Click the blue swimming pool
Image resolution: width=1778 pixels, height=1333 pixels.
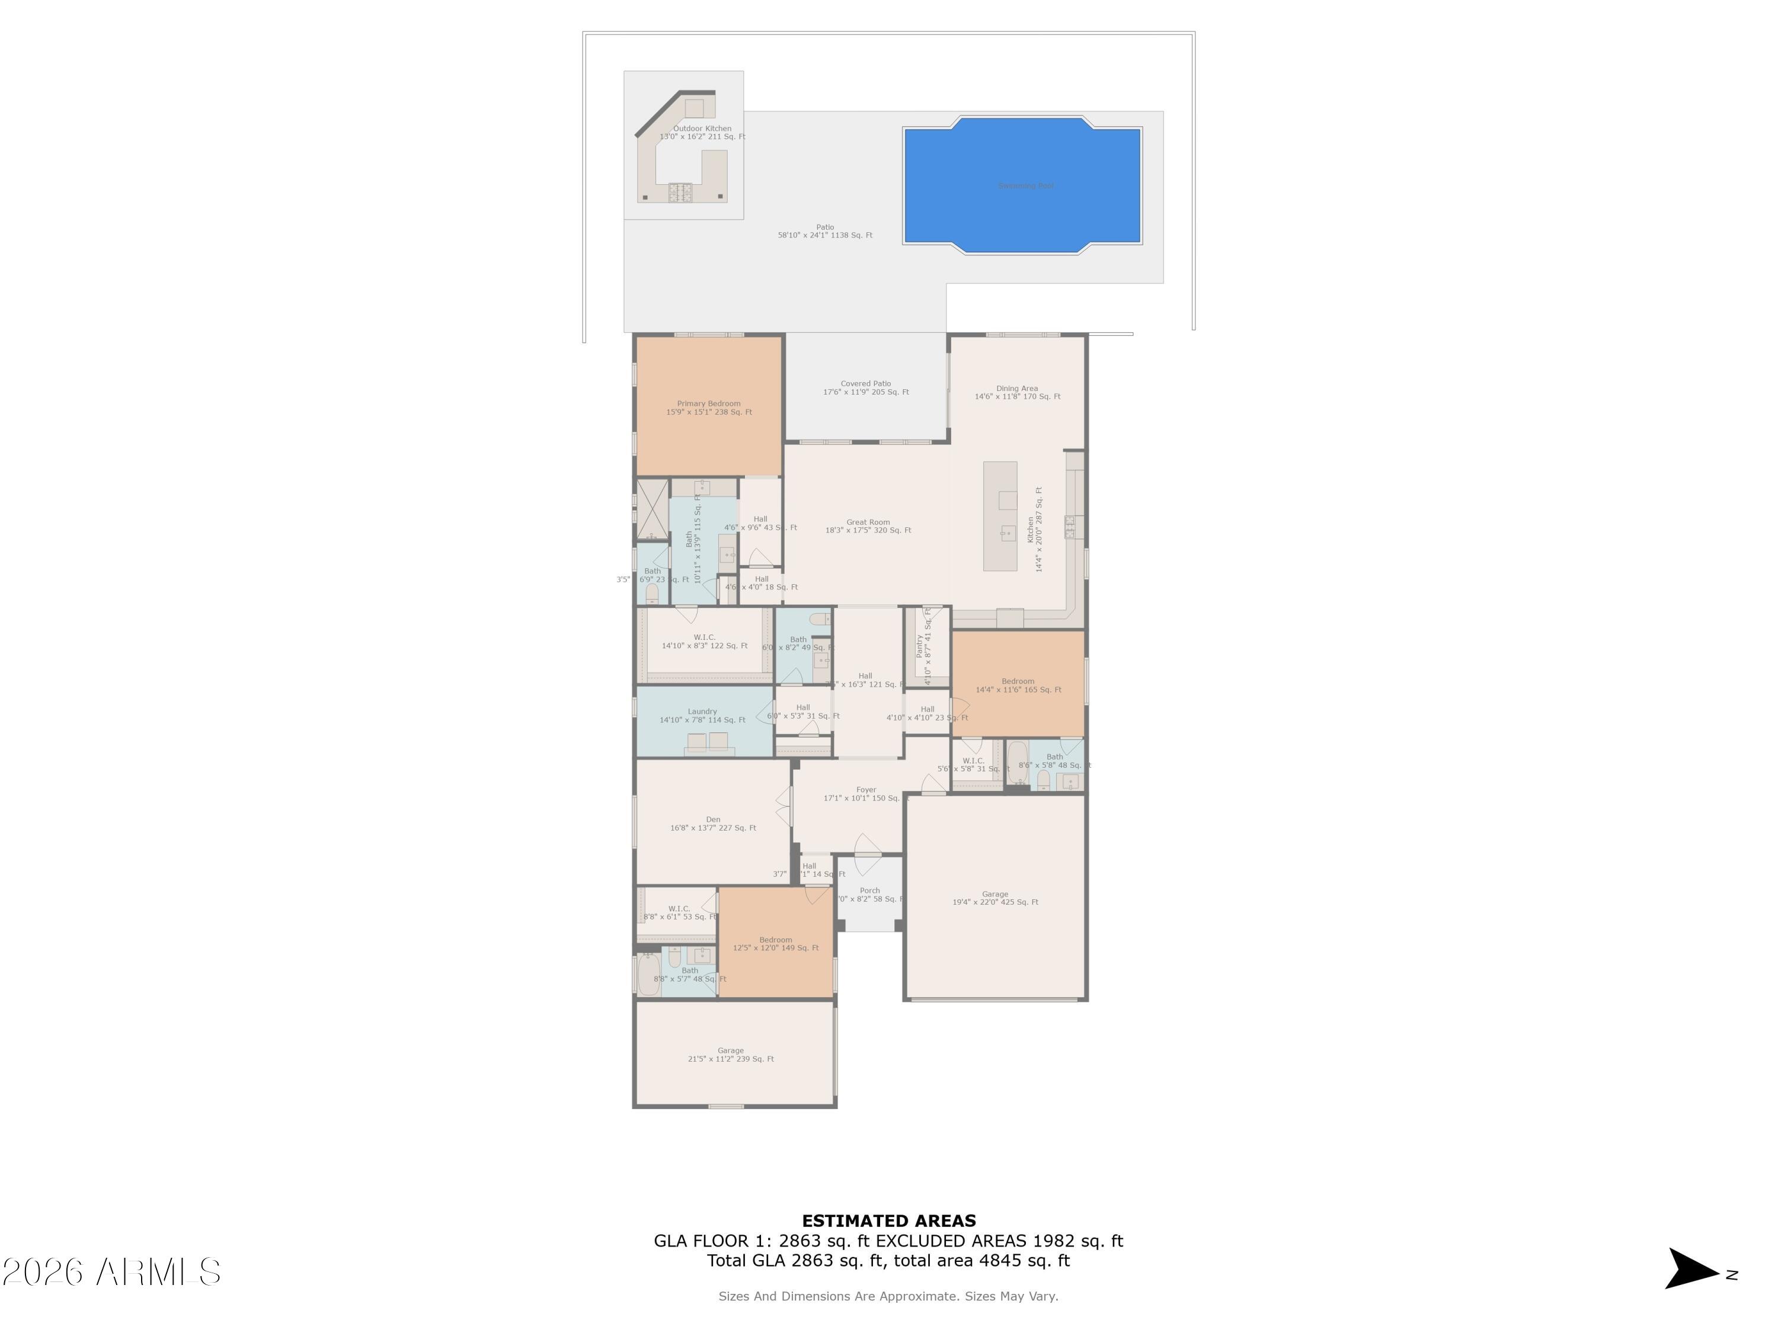click(1022, 185)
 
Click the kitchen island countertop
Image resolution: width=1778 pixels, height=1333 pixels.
click(1000, 516)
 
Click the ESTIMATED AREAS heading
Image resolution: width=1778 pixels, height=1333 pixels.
click(888, 1220)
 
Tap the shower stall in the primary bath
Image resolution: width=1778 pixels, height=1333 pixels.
click(652, 508)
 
